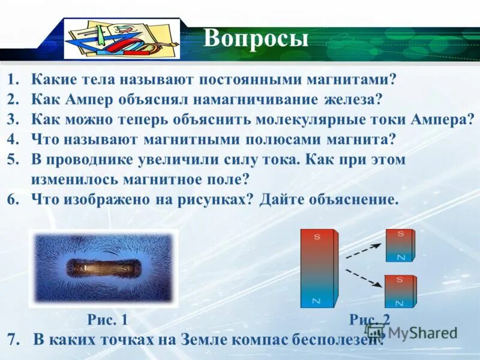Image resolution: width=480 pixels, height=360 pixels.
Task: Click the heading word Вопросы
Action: coord(256,38)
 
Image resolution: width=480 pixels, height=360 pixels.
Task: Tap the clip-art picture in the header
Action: coord(122,39)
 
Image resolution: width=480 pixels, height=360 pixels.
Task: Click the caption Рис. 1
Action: coord(107,319)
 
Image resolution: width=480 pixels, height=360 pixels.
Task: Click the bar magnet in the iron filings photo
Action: coord(102,268)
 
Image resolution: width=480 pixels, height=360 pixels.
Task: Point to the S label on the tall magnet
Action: coord(317,237)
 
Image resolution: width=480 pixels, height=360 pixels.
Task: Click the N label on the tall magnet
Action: coord(317,301)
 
